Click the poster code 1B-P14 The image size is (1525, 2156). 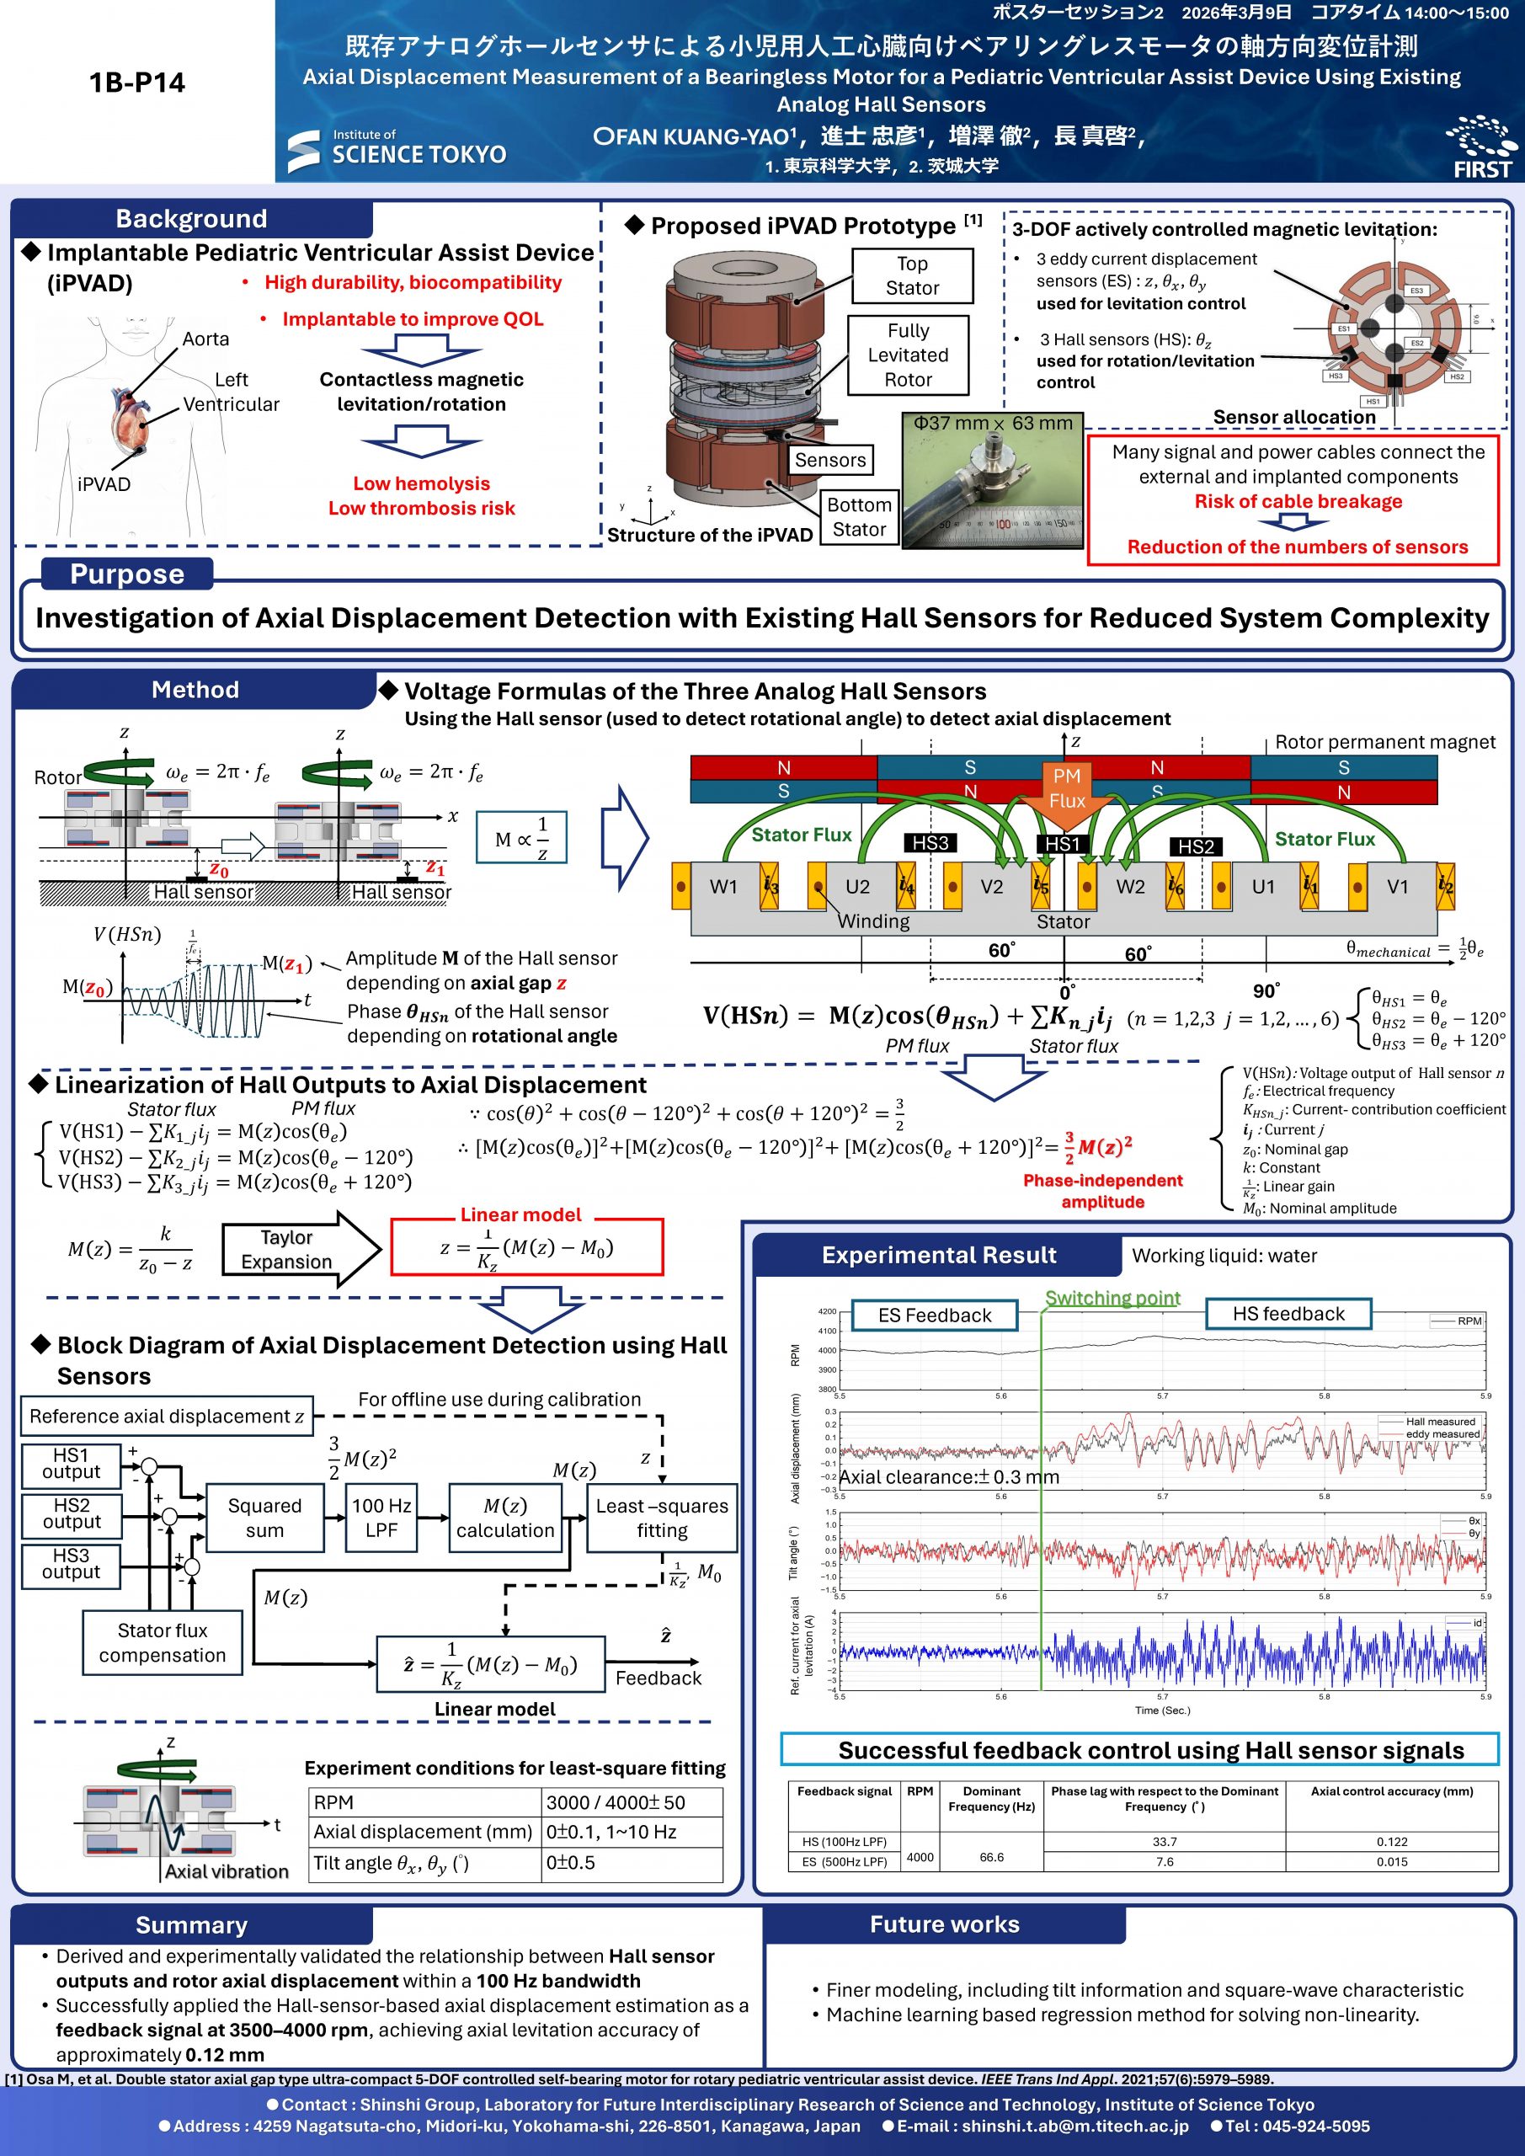point(137,83)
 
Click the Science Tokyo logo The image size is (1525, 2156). point(397,150)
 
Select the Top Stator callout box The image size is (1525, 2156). point(912,276)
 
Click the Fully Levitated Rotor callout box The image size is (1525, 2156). point(907,355)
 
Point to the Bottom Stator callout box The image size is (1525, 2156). point(858,516)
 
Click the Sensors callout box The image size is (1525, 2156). point(829,459)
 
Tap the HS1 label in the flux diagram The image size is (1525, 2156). point(1062,844)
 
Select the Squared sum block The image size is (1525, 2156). point(264,1518)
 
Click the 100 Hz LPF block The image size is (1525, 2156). point(381,1518)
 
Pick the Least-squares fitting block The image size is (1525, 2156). point(661,1518)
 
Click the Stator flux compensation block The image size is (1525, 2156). point(163,1642)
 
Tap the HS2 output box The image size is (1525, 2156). point(72,1513)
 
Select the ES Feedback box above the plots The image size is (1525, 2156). point(935,1315)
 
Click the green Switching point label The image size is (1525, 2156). point(1112,1298)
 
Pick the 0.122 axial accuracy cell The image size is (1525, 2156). point(1392,1841)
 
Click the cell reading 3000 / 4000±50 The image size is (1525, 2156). point(631,1802)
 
